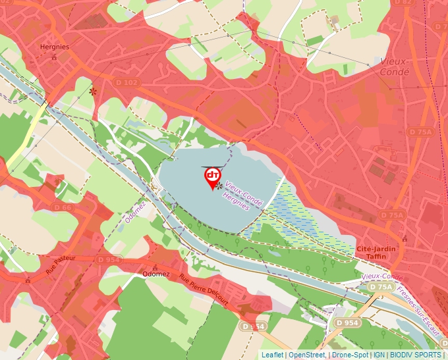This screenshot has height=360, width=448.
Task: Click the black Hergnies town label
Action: (55, 47)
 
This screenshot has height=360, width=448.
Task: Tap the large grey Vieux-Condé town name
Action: (395, 66)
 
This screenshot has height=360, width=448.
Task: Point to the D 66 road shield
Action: (63, 207)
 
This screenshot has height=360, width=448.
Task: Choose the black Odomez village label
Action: (156, 274)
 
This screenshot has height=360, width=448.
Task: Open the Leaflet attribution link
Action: (272, 355)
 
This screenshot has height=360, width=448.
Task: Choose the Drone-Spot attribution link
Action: (350, 355)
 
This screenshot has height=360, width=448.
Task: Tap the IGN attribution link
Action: (379, 355)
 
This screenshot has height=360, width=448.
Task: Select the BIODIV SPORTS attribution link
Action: (415, 355)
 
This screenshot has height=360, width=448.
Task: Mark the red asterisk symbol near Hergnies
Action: (93, 92)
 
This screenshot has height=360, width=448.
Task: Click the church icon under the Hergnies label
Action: (54, 57)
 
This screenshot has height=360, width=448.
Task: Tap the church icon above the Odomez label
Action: (155, 267)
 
